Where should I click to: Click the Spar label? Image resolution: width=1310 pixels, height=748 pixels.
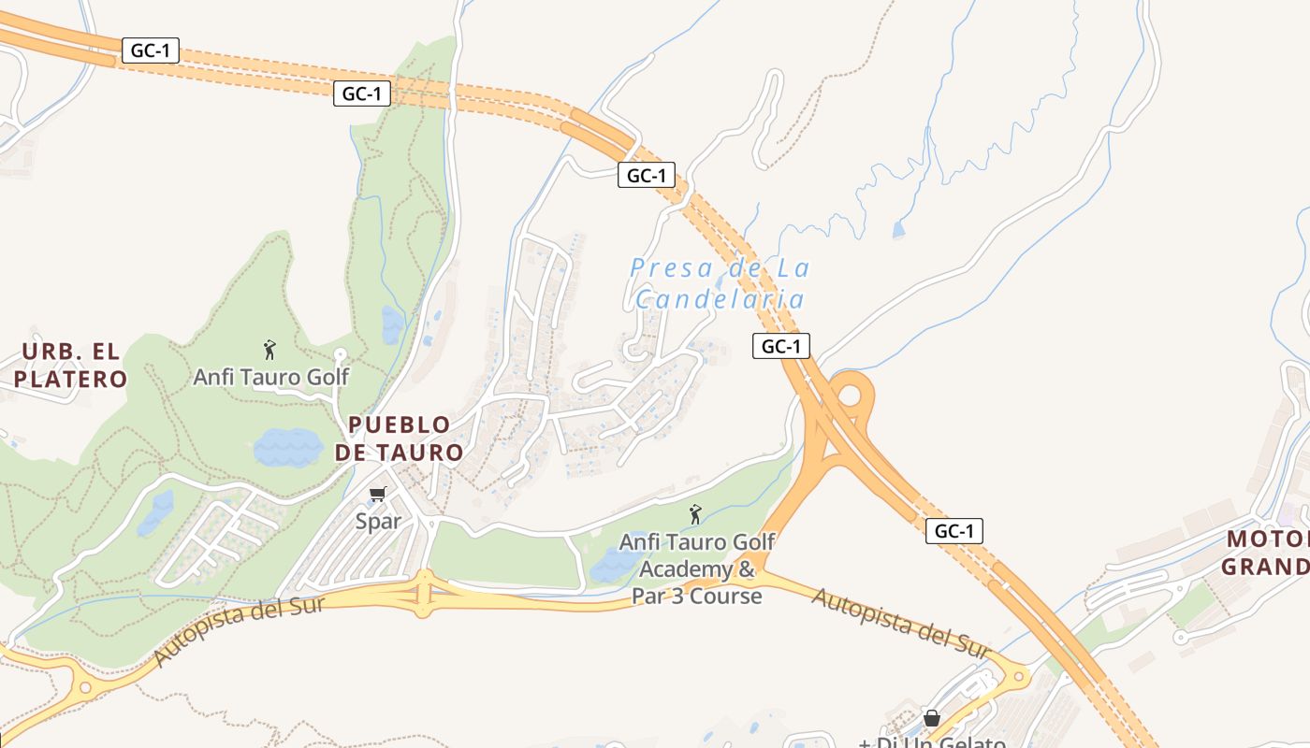378,522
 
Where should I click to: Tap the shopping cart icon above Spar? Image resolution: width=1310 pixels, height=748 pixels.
378,495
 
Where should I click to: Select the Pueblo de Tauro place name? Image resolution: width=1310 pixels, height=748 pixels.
405,439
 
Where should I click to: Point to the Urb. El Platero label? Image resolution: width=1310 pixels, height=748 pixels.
70,366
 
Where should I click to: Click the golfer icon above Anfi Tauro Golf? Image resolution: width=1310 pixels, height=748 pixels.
270,351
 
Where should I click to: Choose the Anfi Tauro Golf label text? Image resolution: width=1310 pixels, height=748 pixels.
270,377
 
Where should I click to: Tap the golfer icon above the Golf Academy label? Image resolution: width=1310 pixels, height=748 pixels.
695,514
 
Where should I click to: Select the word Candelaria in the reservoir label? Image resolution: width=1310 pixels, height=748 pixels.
720,299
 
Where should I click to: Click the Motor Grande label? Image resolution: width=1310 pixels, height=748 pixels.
1268,553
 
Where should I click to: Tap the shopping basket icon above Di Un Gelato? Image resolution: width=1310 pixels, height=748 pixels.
932,718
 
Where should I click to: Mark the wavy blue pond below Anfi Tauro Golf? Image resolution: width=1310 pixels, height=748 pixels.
288,448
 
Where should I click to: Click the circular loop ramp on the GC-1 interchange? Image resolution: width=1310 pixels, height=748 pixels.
850,394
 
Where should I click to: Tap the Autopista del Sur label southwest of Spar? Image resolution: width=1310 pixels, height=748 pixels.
239,631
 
